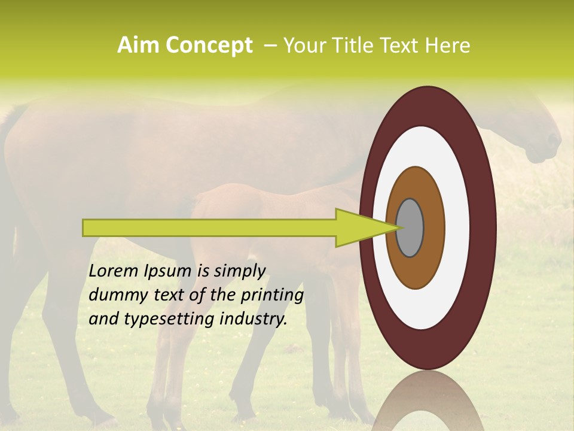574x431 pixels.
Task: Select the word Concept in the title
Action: (209, 45)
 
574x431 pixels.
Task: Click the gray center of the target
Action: (410, 228)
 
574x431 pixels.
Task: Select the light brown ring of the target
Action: (415, 269)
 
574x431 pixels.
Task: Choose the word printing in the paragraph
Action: (272, 296)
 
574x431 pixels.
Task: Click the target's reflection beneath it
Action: (428, 401)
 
